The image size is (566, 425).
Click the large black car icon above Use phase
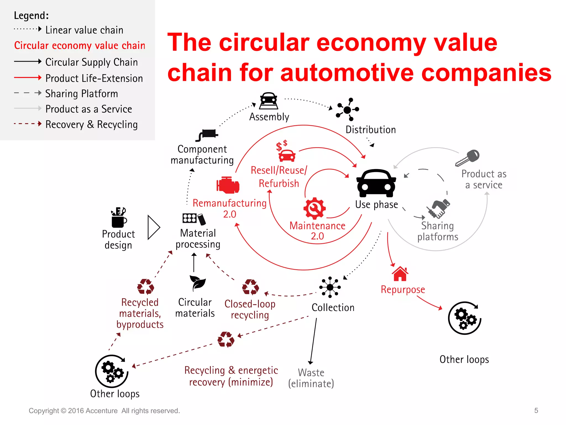tap(376, 183)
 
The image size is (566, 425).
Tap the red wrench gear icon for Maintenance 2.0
tap(315, 208)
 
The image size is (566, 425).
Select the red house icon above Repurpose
tap(400, 274)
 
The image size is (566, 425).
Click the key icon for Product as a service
tap(468, 158)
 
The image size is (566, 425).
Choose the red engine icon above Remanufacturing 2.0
tap(228, 185)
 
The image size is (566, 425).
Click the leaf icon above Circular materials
tap(197, 283)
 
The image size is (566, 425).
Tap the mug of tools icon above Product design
tap(119, 217)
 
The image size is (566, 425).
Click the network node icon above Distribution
tap(347, 110)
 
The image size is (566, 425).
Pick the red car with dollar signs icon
tap(286, 151)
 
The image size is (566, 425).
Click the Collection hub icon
tap(330, 287)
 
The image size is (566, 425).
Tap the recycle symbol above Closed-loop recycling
tap(250, 287)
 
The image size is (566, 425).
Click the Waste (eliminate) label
tap(311, 378)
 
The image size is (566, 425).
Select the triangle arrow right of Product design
tap(153, 227)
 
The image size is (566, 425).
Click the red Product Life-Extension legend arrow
tap(28, 78)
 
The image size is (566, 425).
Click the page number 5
tap(536, 410)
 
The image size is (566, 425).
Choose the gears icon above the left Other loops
tap(112, 371)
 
